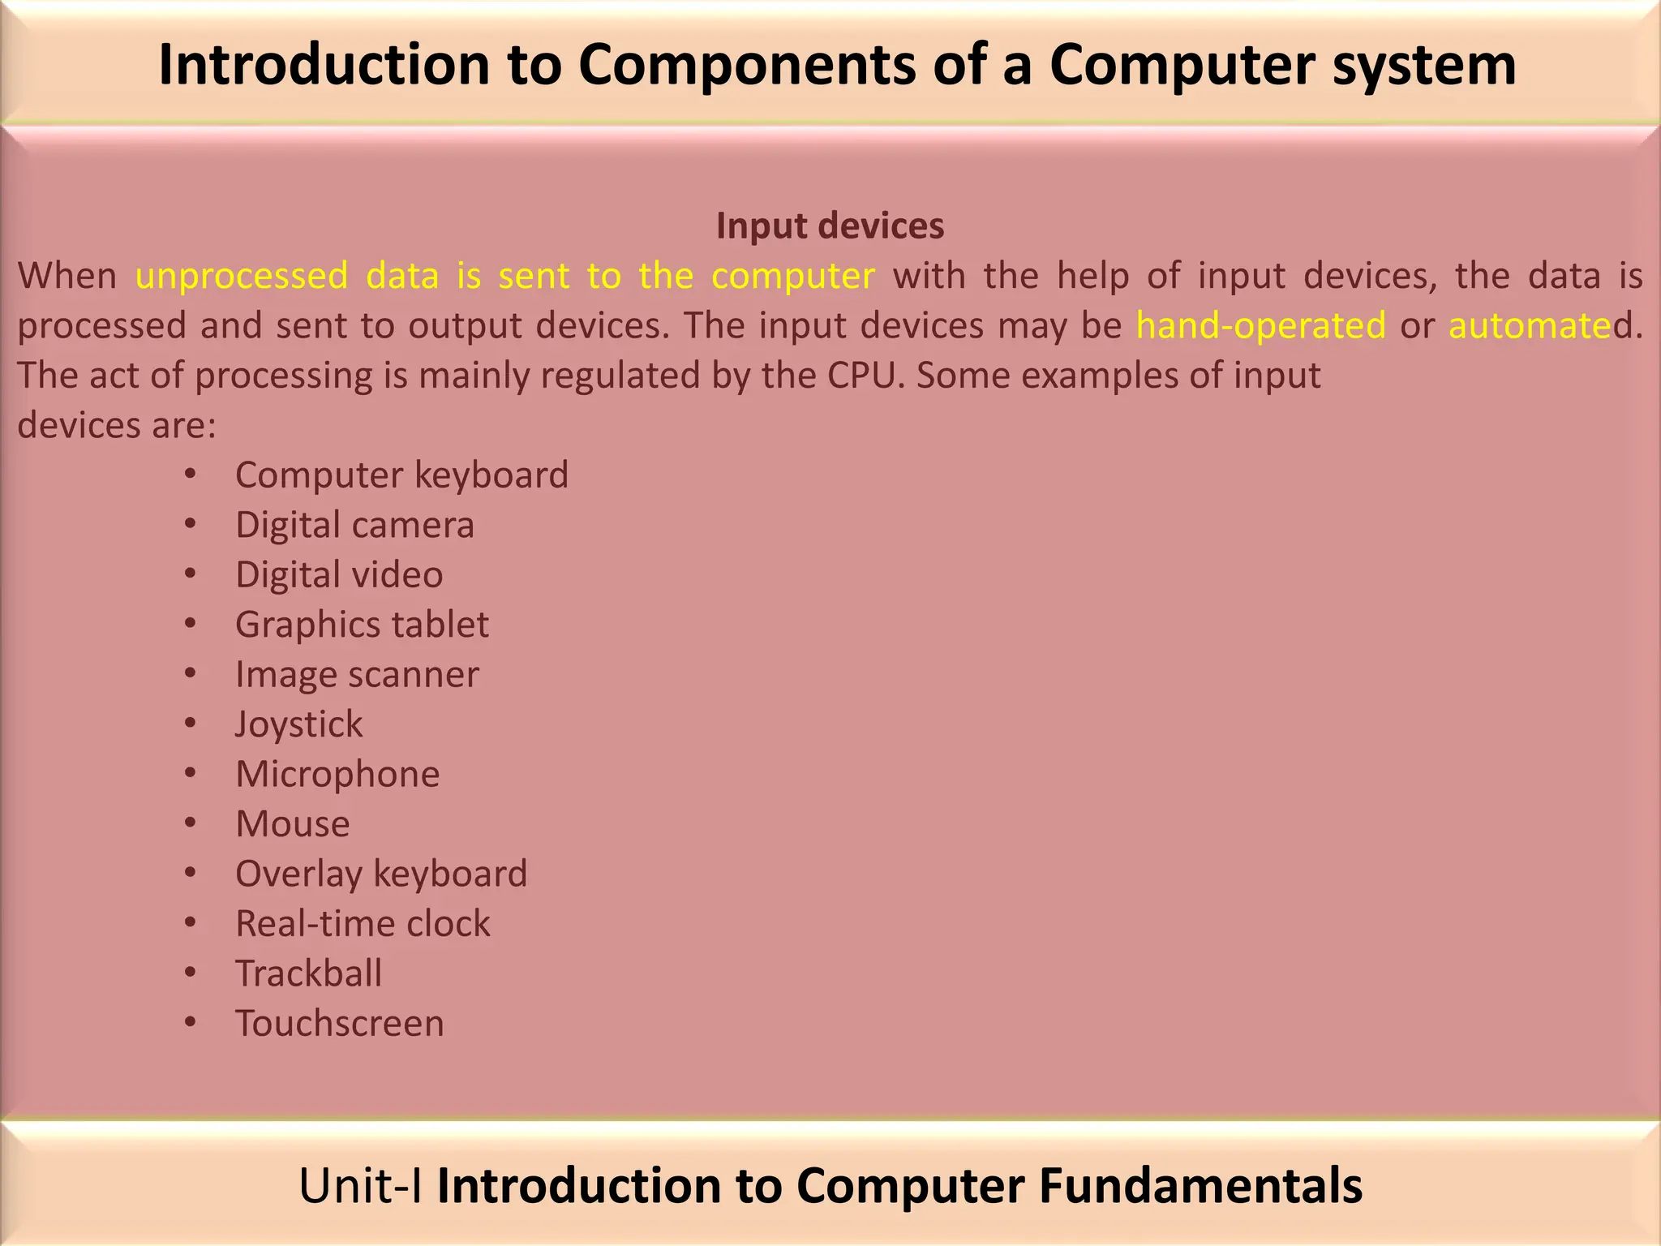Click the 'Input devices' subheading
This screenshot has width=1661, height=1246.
pyautogui.click(x=830, y=226)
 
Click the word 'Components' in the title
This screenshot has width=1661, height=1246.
pyautogui.click(x=747, y=65)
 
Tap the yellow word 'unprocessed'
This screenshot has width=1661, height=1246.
pyautogui.click(x=242, y=277)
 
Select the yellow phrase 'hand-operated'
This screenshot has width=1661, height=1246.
pyautogui.click(x=1260, y=326)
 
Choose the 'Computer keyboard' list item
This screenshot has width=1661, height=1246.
pyautogui.click(x=401, y=475)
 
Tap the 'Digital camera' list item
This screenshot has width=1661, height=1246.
pyautogui.click(x=354, y=525)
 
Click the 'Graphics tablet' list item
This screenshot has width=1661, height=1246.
pyautogui.click(x=362, y=625)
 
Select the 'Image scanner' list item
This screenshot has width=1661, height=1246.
pyautogui.click(x=357, y=675)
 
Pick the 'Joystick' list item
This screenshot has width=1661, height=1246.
pyautogui.click(x=298, y=724)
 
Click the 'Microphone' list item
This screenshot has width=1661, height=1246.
pyautogui.click(x=337, y=775)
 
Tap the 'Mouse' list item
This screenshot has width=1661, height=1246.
pyautogui.click(x=293, y=824)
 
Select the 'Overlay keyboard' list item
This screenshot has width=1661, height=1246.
pyautogui.click(x=381, y=874)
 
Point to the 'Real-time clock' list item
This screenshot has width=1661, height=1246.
pyautogui.click(x=363, y=924)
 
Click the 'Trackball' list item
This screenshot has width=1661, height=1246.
pyautogui.click(x=308, y=973)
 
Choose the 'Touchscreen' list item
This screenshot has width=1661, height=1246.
pyautogui.click(x=340, y=1024)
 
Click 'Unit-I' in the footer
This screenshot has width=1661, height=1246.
pyautogui.click(x=360, y=1185)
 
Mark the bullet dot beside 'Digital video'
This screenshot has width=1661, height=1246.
pyautogui.click(x=190, y=574)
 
